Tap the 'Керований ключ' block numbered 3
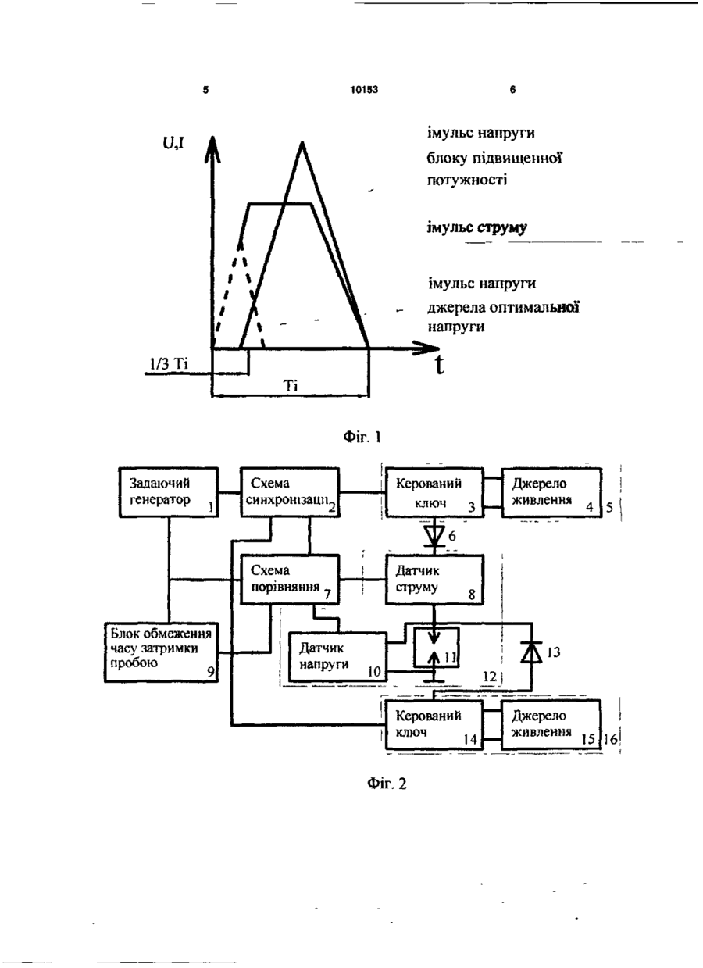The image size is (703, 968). pyautogui.click(x=434, y=492)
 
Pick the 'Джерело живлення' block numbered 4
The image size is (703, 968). pyautogui.click(x=551, y=492)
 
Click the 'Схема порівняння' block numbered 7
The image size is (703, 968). pyautogui.click(x=290, y=579)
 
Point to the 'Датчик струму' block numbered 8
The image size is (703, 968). pyautogui.click(x=434, y=579)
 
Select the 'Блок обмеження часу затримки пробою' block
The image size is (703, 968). pyautogui.click(x=162, y=652)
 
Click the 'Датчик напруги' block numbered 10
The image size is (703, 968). pyautogui.click(x=337, y=657)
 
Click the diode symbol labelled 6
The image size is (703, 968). pyautogui.click(x=434, y=536)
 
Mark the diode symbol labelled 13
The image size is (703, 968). pyautogui.click(x=532, y=652)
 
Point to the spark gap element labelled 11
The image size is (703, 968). pyautogui.click(x=436, y=648)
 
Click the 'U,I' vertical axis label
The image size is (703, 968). pyautogui.click(x=173, y=143)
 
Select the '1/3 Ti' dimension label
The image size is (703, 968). pyautogui.click(x=169, y=364)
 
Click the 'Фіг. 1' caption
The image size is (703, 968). pyautogui.click(x=362, y=438)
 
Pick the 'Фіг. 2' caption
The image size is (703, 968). pyautogui.click(x=387, y=783)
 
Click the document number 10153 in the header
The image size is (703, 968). pyautogui.click(x=364, y=89)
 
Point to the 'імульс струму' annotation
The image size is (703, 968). pyautogui.click(x=477, y=227)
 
